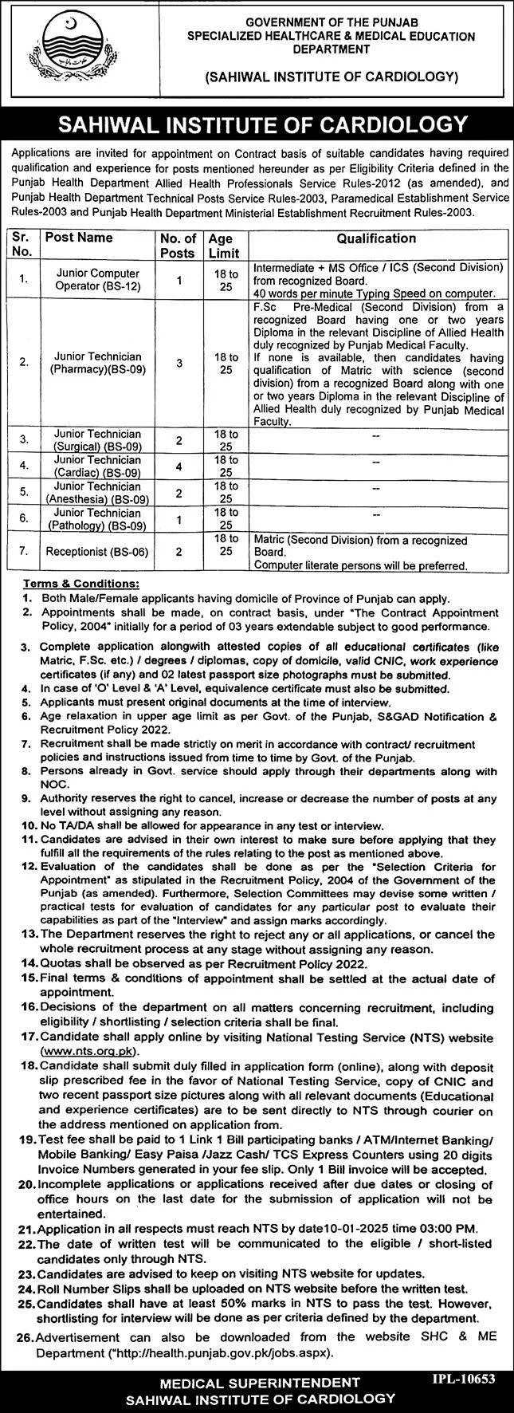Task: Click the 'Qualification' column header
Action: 376,238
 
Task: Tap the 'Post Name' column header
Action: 79,238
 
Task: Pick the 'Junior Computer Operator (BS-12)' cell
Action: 98,279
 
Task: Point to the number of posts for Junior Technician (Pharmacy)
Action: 179,363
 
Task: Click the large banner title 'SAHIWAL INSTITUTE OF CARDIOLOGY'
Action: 257,124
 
